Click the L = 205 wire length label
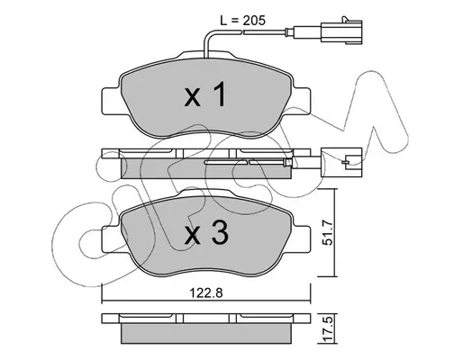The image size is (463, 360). [243, 21]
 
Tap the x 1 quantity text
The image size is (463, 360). [205, 95]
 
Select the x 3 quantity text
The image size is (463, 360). [206, 233]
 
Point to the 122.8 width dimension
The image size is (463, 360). [206, 292]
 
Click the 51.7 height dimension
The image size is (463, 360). [327, 233]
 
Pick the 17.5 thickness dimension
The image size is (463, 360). [329, 328]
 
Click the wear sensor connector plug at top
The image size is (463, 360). [341, 31]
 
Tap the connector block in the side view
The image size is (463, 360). [341, 162]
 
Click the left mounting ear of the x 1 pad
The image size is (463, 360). [112, 101]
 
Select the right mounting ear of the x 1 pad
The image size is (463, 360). [301, 101]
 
